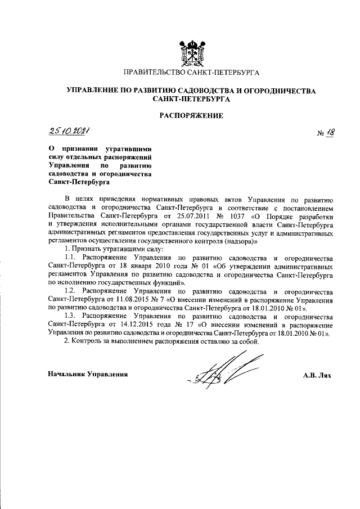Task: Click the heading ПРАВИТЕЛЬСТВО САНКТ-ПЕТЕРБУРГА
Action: [x=191, y=73]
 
